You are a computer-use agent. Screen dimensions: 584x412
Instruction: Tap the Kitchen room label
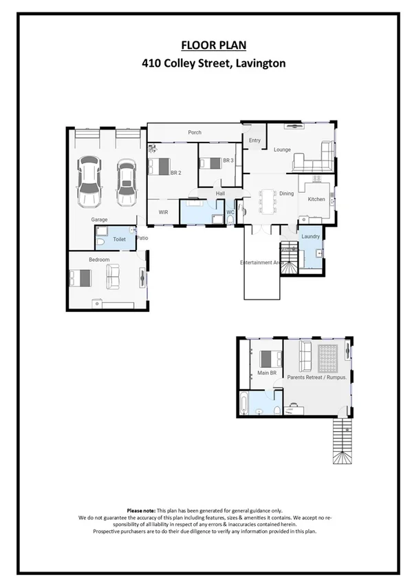pos(316,200)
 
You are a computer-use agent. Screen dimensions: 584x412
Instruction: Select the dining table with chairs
pos(267,200)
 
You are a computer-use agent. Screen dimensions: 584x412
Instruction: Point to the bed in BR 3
pos(210,163)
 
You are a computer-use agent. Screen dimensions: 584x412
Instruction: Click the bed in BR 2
pos(160,166)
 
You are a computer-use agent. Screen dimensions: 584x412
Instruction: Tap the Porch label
pos(195,133)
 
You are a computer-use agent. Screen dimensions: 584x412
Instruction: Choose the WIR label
pos(164,212)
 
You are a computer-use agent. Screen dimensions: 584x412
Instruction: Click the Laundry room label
pos(311,237)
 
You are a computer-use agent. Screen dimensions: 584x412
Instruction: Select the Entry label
pos(255,140)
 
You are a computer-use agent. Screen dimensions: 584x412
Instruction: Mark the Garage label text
pos(100,220)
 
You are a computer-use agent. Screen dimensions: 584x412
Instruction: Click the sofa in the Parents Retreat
pos(304,355)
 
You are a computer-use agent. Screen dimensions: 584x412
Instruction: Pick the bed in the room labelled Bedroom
pos(80,278)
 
